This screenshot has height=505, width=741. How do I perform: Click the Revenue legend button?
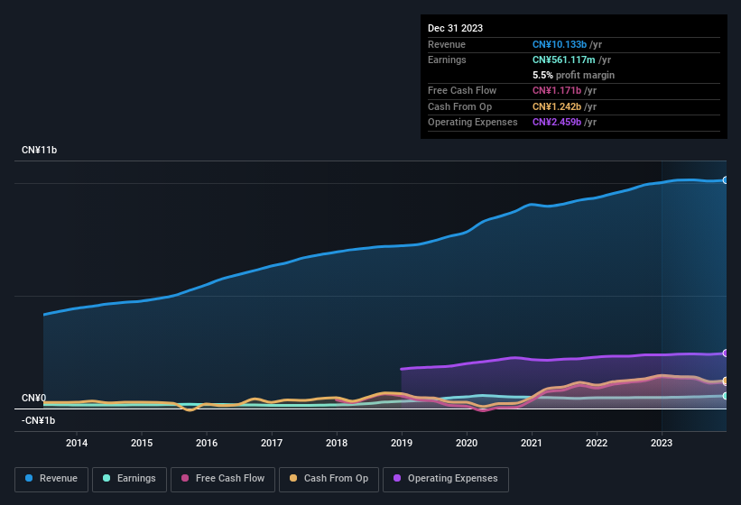pyautogui.click(x=51, y=478)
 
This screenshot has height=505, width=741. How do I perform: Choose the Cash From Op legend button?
pyautogui.click(x=329, y=478)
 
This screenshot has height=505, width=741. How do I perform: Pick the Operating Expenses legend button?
pyautogui.click(x=445, y=478)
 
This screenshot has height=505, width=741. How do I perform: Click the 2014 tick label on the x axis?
pyautogui.click(x=77, y=443)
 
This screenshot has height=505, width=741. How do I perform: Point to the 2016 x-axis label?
pyautogui.click(x=207, y=443)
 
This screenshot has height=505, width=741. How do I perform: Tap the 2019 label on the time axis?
pyautogui.click(x=402, y=443)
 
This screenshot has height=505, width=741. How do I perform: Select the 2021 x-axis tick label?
pyautogui.click(x=532, y=443)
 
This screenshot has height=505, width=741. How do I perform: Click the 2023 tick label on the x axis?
pyautogui.click(x=662, y=443)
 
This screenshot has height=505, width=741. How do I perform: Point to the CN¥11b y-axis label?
pyautogui.click(x=39, y=150)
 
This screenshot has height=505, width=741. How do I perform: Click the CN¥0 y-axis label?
pyautogui.click(x=33, y=398)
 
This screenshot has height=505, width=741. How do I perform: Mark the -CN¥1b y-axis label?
pyautogui.click(x=39, y=420)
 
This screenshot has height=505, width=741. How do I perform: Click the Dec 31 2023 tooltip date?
pyautogui.click(x=455, y=28)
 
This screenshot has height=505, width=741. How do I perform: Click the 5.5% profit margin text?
pyautogui.click(x=573, y=75)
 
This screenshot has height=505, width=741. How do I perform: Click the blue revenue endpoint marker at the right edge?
pyautogui.click(x=725, y=180)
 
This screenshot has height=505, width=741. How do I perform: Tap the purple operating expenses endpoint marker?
pyautogui.click(x=725, y=353)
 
